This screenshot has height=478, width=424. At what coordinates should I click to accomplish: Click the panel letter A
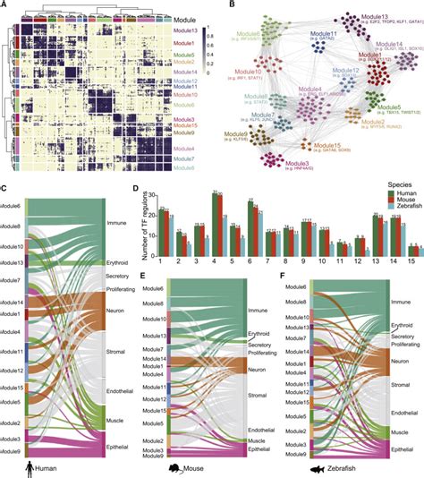(5, 6)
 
